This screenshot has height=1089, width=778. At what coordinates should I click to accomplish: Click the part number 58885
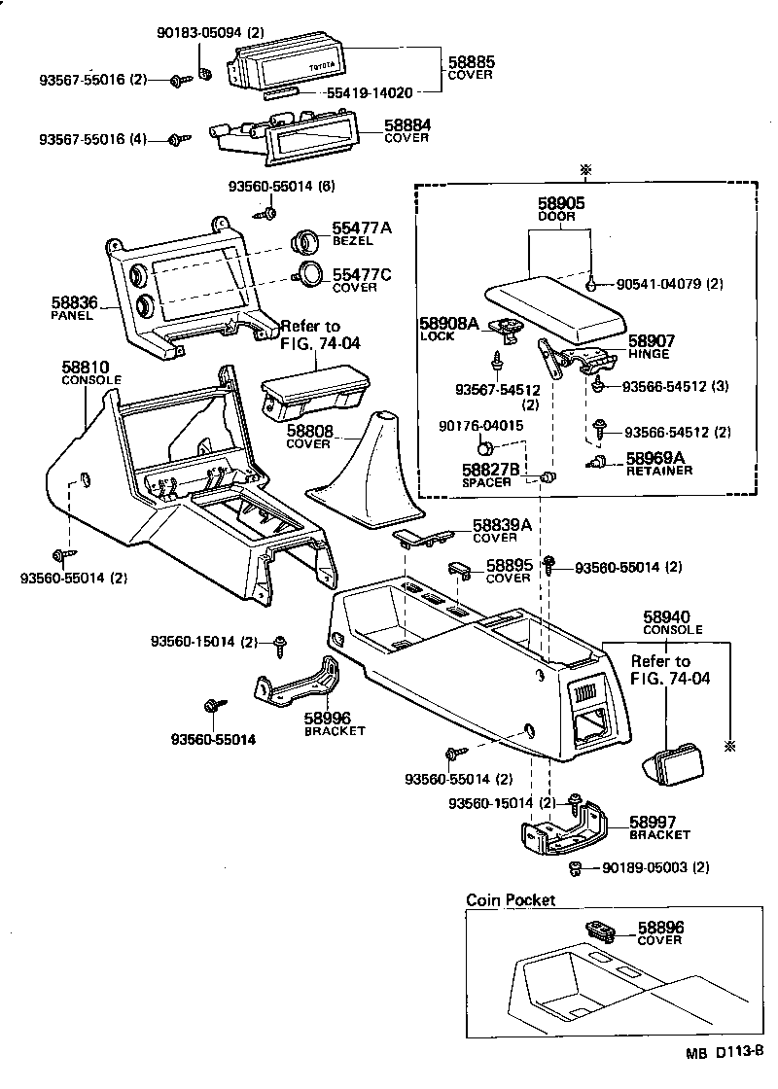tap(472, 61)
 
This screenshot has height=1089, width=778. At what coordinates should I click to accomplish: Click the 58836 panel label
tap(73, 309)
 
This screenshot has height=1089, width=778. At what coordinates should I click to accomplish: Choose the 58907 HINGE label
tap(651, 347)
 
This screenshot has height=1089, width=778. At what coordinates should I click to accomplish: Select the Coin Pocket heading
tap(511, 900)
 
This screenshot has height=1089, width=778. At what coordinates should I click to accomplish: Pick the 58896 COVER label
tap(659, 933)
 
